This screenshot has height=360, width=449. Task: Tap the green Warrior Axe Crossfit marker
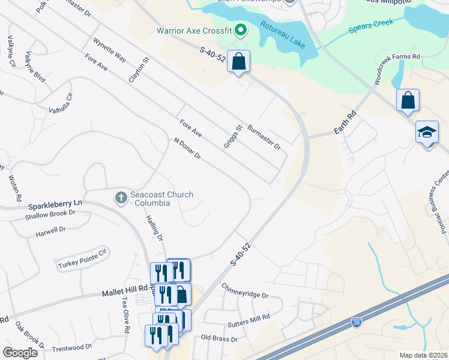coord(241,29)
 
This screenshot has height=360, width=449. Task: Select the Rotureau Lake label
coord(283,35)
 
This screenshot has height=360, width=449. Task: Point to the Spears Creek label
coord(370,25)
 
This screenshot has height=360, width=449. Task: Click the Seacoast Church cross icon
coord(121,197)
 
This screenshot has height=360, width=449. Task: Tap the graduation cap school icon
coord(427,132)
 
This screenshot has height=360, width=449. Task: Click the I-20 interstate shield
coord(357,322)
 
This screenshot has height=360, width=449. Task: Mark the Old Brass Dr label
coord(219,338)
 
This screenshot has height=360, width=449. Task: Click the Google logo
coord(20,353)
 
